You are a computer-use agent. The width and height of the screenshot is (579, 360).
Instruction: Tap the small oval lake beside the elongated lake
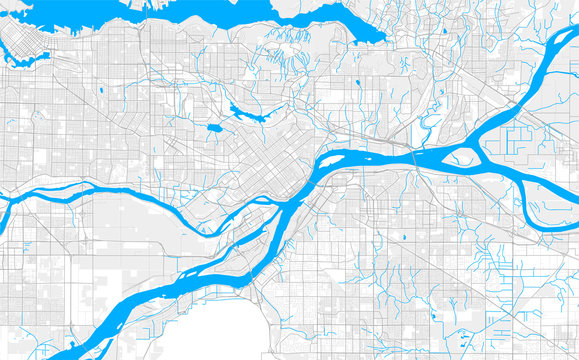coord(215,129)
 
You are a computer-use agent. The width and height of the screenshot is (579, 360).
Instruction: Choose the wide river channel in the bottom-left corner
coord(90,320)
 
